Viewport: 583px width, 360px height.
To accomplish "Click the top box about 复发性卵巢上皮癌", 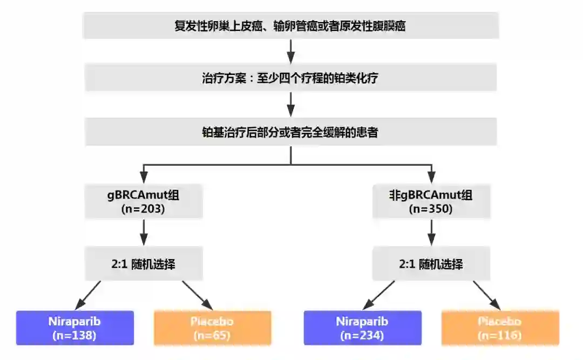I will (290, 26).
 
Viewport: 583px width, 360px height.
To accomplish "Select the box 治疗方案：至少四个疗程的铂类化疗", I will (290, 78).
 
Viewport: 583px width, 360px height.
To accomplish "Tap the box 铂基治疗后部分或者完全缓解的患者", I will (290, 132).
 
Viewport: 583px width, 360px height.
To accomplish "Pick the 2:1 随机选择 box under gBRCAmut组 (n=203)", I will (144, 264).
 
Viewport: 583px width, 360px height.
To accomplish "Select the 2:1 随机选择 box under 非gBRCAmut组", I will (431, 264).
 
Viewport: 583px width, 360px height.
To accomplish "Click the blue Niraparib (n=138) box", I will (75, 328).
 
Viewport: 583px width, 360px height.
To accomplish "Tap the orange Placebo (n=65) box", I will (212, 328).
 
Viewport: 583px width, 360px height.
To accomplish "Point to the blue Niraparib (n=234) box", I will (363, 328).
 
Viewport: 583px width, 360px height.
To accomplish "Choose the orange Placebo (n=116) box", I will (500, 328).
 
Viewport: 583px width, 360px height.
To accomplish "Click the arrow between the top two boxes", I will (291, 51).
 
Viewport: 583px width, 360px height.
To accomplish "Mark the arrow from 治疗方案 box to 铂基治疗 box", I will (291, 104).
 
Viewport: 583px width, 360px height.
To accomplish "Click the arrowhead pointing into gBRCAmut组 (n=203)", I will (144, 176).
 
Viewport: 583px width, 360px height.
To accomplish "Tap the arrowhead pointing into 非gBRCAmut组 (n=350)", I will (431, 176).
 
